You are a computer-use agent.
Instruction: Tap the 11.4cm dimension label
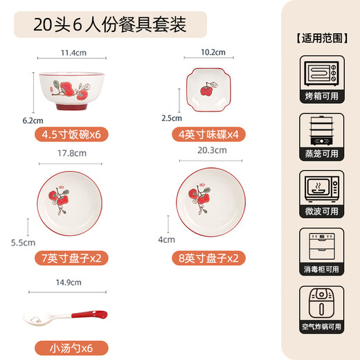tap(72, 52)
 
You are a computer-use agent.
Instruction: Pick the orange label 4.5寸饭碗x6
tap(71, 134)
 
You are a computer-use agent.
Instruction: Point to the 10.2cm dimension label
tap(213, 52)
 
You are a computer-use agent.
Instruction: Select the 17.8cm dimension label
tap(72, 153)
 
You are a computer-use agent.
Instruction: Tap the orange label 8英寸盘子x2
tap(208, 258)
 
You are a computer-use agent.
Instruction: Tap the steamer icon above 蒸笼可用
tap(321, 132)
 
